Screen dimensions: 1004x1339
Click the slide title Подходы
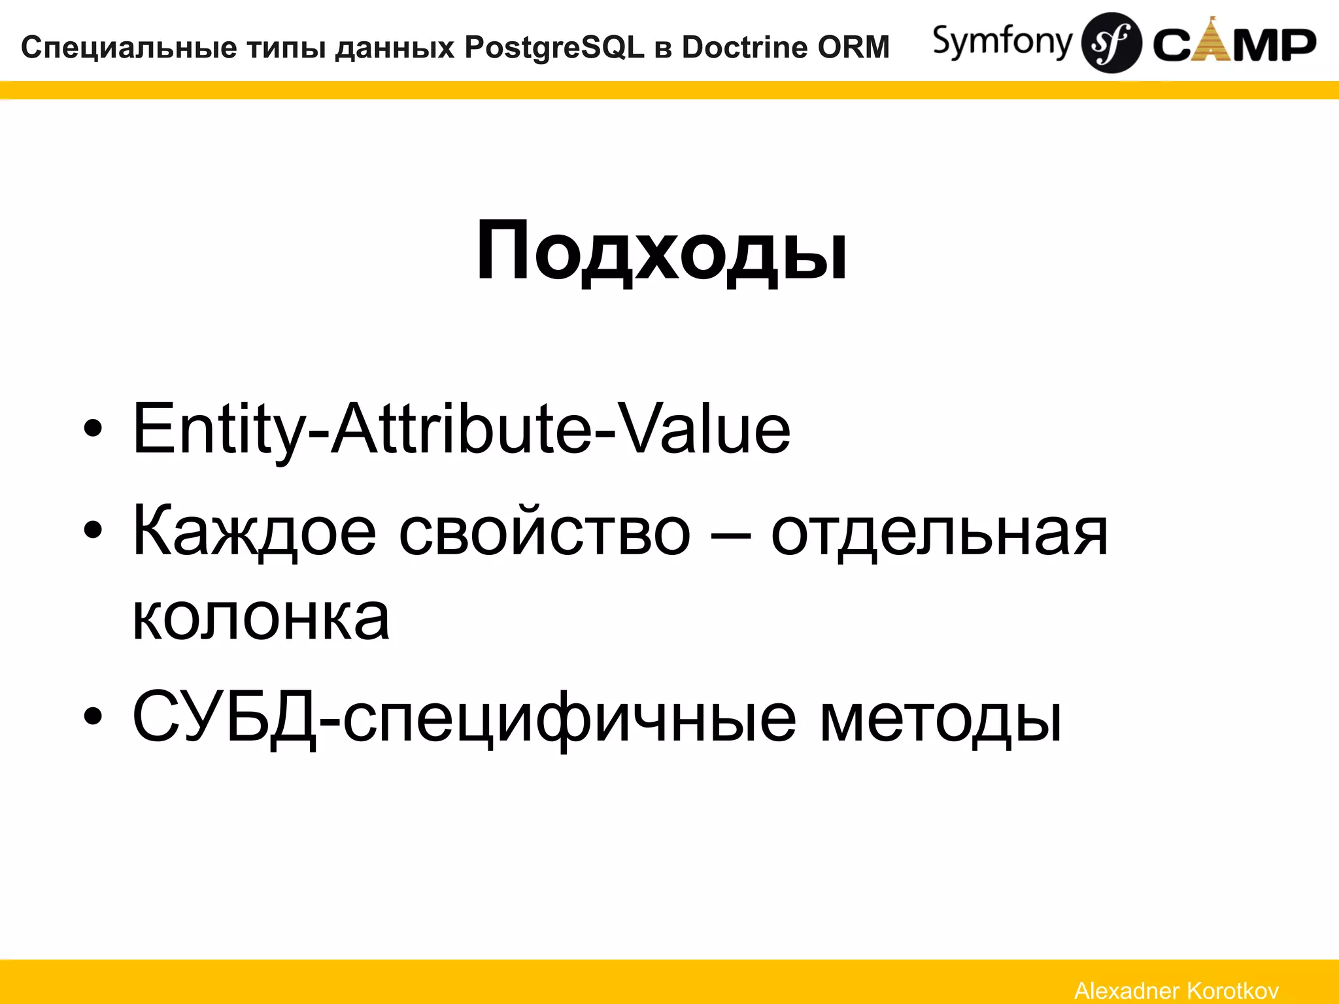pyautogui.click(x=662, y=252)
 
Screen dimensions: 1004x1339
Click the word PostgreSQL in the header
pyautogui.click(x=554, y=48)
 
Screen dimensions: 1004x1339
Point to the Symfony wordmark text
pyautogui.click(x=1002, y=42)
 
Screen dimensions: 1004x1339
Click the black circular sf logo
pyautogui.click(x=1111, y=43)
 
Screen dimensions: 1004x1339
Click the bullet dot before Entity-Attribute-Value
pyautogui.click(x=93, y=429)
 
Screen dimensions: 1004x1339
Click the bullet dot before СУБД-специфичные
pyautogui.click(x=93, y=716)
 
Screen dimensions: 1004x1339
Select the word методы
pyautogui.click(x=940, y=718)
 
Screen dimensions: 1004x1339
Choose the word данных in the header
pyautogui.click(x=394, y=48)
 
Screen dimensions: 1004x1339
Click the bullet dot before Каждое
pyautogui.click(x=93, y=531)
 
